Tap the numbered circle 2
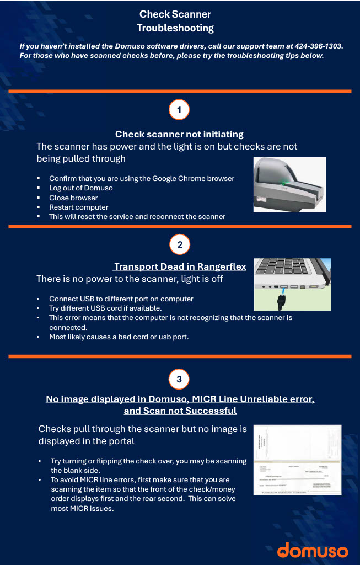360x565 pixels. (179, 243)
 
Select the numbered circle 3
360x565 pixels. (179, 379)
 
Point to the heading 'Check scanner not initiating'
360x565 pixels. (179, 134)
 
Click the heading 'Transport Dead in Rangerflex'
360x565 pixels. (180, 267)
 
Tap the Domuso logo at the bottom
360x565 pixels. (313, 550)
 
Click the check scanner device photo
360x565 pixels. (289, 184)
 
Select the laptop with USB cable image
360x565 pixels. (292, 284)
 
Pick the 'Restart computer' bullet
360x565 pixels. (78, 207)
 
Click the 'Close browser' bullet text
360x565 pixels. (73, 198)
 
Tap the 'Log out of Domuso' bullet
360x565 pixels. (80, 188)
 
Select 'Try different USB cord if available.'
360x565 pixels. (105, 308)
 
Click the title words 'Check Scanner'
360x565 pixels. (175, 14)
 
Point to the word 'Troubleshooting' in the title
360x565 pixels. (175, 28)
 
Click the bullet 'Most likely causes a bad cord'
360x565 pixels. (119, 337)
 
